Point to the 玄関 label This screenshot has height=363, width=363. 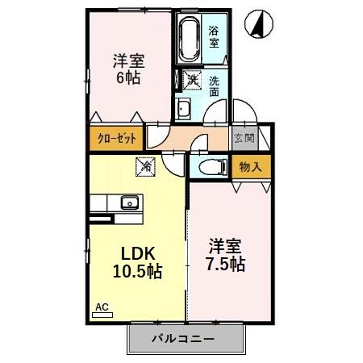point(243,139)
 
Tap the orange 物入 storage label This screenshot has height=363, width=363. point(249,167)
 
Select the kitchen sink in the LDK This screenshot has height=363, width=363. point(128,202)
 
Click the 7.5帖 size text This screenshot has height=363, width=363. point(225,263)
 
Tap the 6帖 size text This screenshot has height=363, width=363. point(127,78)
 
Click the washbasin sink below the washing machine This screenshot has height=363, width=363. point(183,110)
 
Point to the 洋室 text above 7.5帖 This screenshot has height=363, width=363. point(226,243)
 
